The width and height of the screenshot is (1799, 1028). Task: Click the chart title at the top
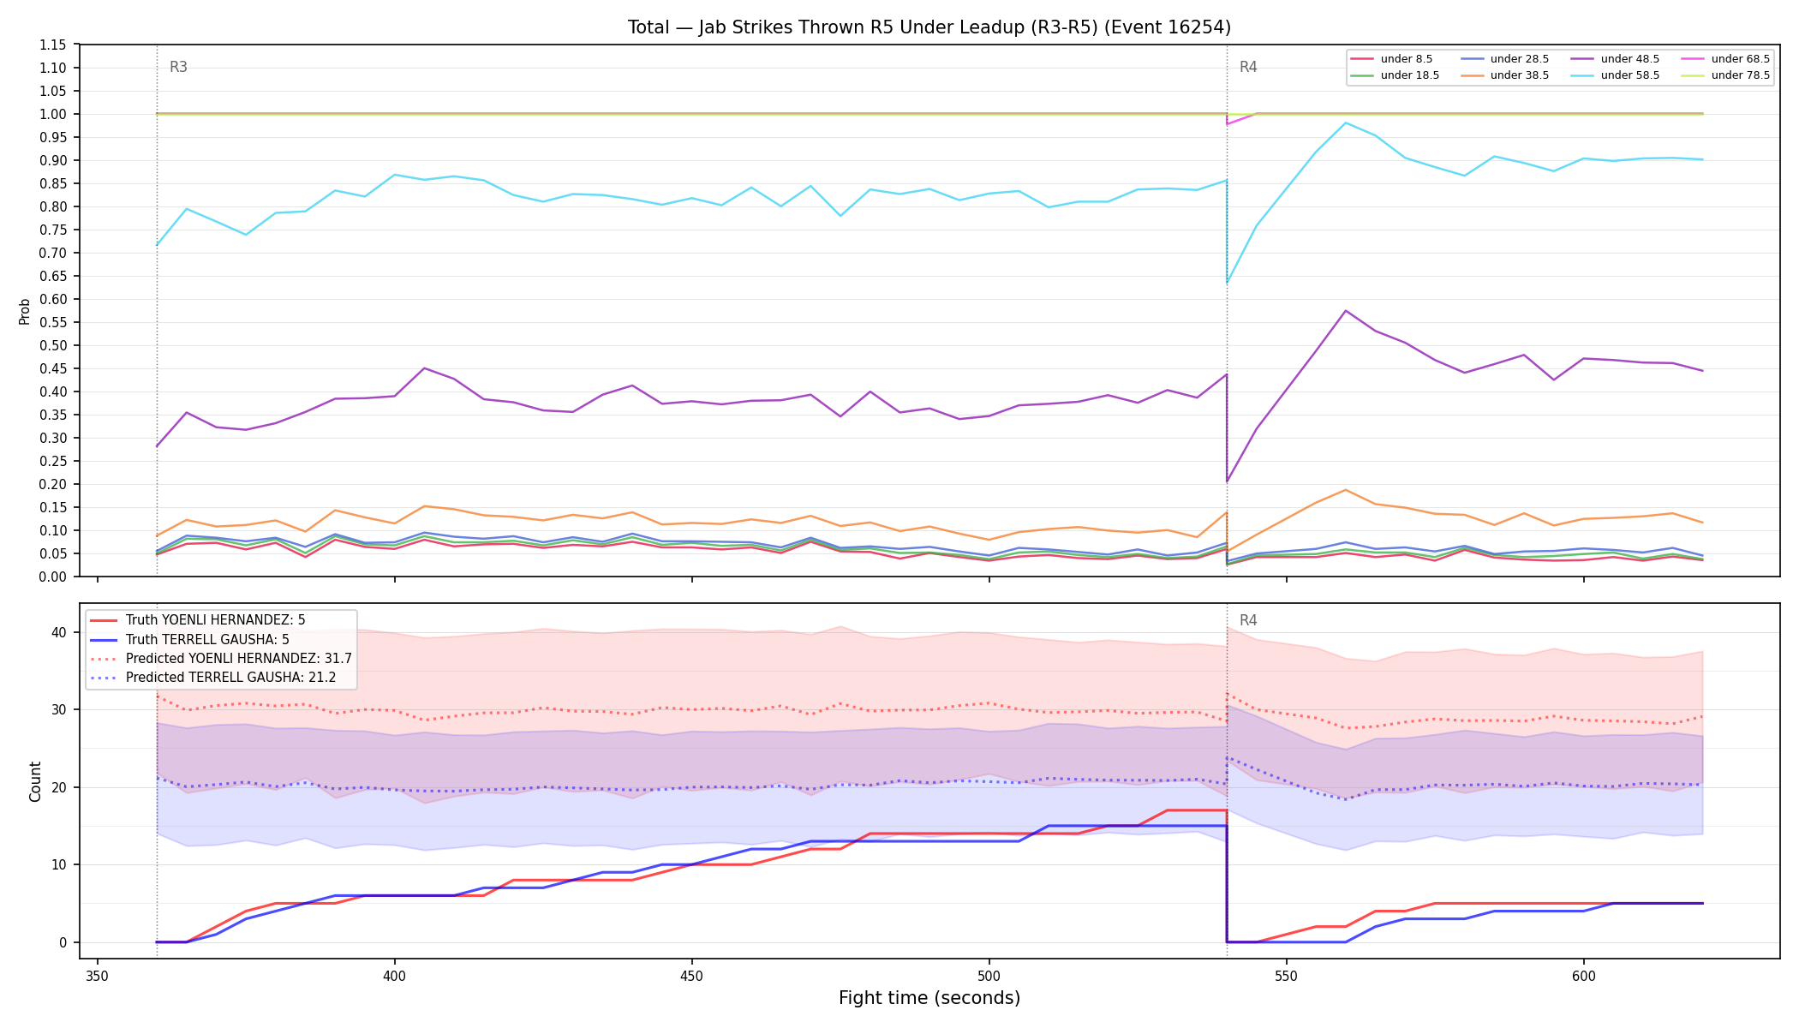coord(929,27)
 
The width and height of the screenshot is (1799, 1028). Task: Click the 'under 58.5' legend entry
coord(1615,75)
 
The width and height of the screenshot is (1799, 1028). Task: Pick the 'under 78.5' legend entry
coord(1725,75)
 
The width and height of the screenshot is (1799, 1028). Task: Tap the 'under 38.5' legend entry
coord(1504,75)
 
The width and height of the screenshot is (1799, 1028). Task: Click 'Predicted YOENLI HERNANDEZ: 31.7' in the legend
coord(221,659)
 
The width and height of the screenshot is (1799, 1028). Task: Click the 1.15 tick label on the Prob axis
coord(54,45)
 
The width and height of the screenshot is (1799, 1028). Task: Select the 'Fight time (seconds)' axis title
coord(929,998)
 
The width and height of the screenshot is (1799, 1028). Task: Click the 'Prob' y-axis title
coord(25,311)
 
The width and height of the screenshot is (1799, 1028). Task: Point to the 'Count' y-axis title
coord(35,781)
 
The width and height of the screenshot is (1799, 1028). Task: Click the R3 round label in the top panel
coord(178,67)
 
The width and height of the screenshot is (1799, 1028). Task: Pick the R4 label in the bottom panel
coord(1248,620)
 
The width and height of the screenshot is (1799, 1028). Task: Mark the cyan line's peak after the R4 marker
coord(1346,123)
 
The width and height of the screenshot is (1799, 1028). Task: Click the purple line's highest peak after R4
coord(1346,310)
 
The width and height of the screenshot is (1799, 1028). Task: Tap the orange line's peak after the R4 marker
coord(1346,490)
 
